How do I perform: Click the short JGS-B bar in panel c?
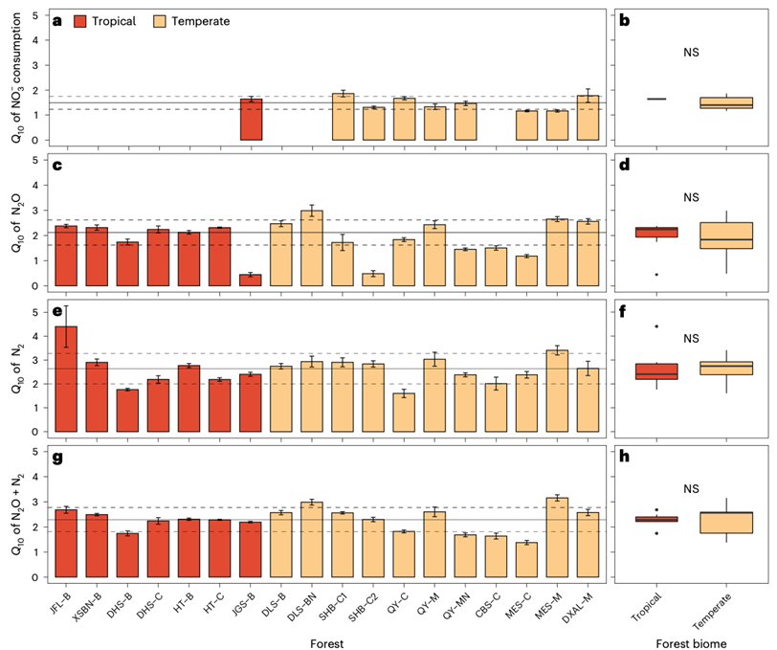pos(251,280)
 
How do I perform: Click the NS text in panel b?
pos(691,53)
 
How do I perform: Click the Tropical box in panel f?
pos(656,371)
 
